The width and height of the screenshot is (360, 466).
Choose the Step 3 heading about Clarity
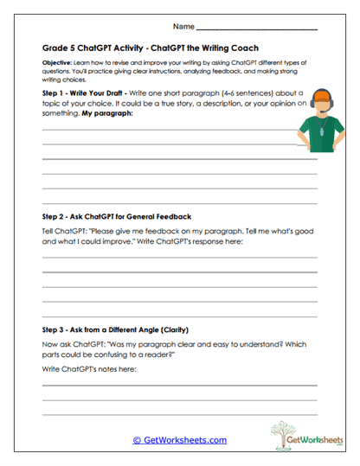[x=115, y=330]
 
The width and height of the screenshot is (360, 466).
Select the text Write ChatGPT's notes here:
[x=87, y=369]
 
